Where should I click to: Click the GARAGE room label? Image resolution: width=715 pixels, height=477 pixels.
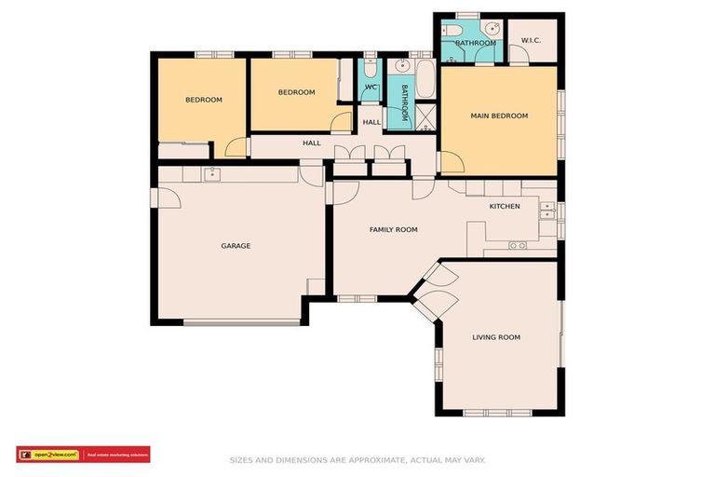pyautogui.click(x=236, y=246)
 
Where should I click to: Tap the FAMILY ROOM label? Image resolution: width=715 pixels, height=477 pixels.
pyautogui.click(x=393, y=229)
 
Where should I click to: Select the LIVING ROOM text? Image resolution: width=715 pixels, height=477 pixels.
pyautogui.click(x=495, y=337)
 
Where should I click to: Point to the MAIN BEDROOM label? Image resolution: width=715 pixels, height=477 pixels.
pyautogui.click(x=499, y=116)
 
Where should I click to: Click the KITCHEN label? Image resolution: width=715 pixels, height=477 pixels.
pyautogui.click(x=505, y=206)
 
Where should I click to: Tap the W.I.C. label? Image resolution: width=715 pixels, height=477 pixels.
pyautogui.click(x=531, y=41)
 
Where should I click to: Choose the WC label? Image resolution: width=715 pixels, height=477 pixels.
pyautogui.click(x=370, y=88)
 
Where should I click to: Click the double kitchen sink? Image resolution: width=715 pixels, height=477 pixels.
pyautogui.click(x=546, y=213)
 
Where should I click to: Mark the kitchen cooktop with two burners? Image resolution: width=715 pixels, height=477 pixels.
pyautogui.click(x=518, y=245)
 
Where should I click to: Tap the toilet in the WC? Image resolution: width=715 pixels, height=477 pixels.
pyautogui.click(x=370, y=70)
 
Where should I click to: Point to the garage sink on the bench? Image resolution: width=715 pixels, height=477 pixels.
pyautogui.click(x=212, y=172)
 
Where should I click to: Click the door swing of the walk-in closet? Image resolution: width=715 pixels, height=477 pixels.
pyautogui.click(x=520, y=54)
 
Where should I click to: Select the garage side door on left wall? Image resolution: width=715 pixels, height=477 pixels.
pyautogui.click(x=169, y=198)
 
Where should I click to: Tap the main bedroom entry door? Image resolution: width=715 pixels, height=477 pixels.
pyautogui.click(x=452, y=164)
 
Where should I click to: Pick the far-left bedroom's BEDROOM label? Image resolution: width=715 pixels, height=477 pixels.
pyautogui.click(x=203, y=100)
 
